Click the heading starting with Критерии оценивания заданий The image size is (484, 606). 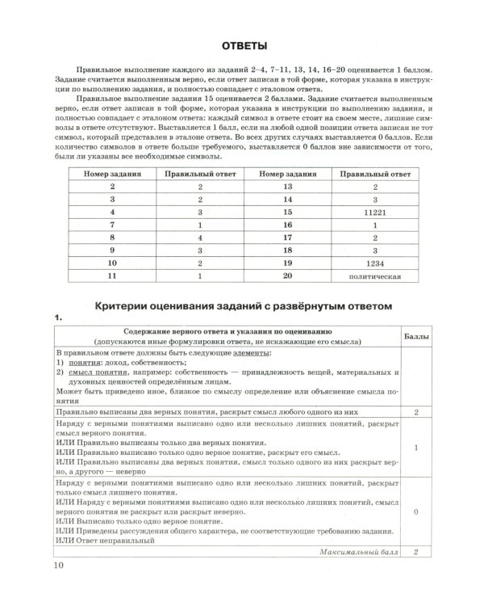point(243,306)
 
